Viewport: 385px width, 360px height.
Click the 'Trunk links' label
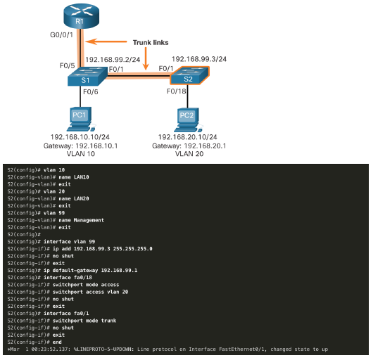pyautogui.click(x=151, y=43)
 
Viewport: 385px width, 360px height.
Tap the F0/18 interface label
pyautogui.click(x=177, y=91)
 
